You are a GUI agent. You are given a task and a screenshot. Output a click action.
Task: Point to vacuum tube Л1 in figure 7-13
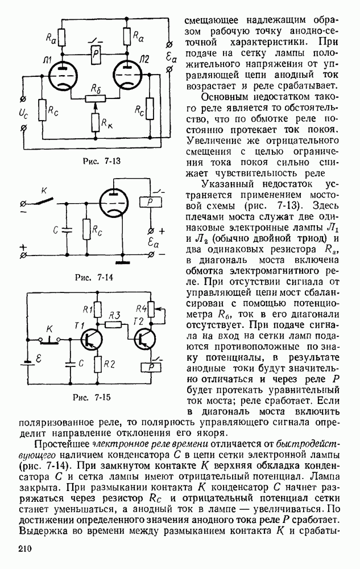[61, 75]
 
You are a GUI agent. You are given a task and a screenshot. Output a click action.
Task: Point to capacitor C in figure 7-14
[67, 229]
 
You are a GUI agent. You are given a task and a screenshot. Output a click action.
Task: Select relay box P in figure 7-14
[151, 203]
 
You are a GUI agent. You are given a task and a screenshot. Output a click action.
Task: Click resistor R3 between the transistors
[114, 325]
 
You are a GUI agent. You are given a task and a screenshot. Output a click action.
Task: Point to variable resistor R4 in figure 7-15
[151, 311]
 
